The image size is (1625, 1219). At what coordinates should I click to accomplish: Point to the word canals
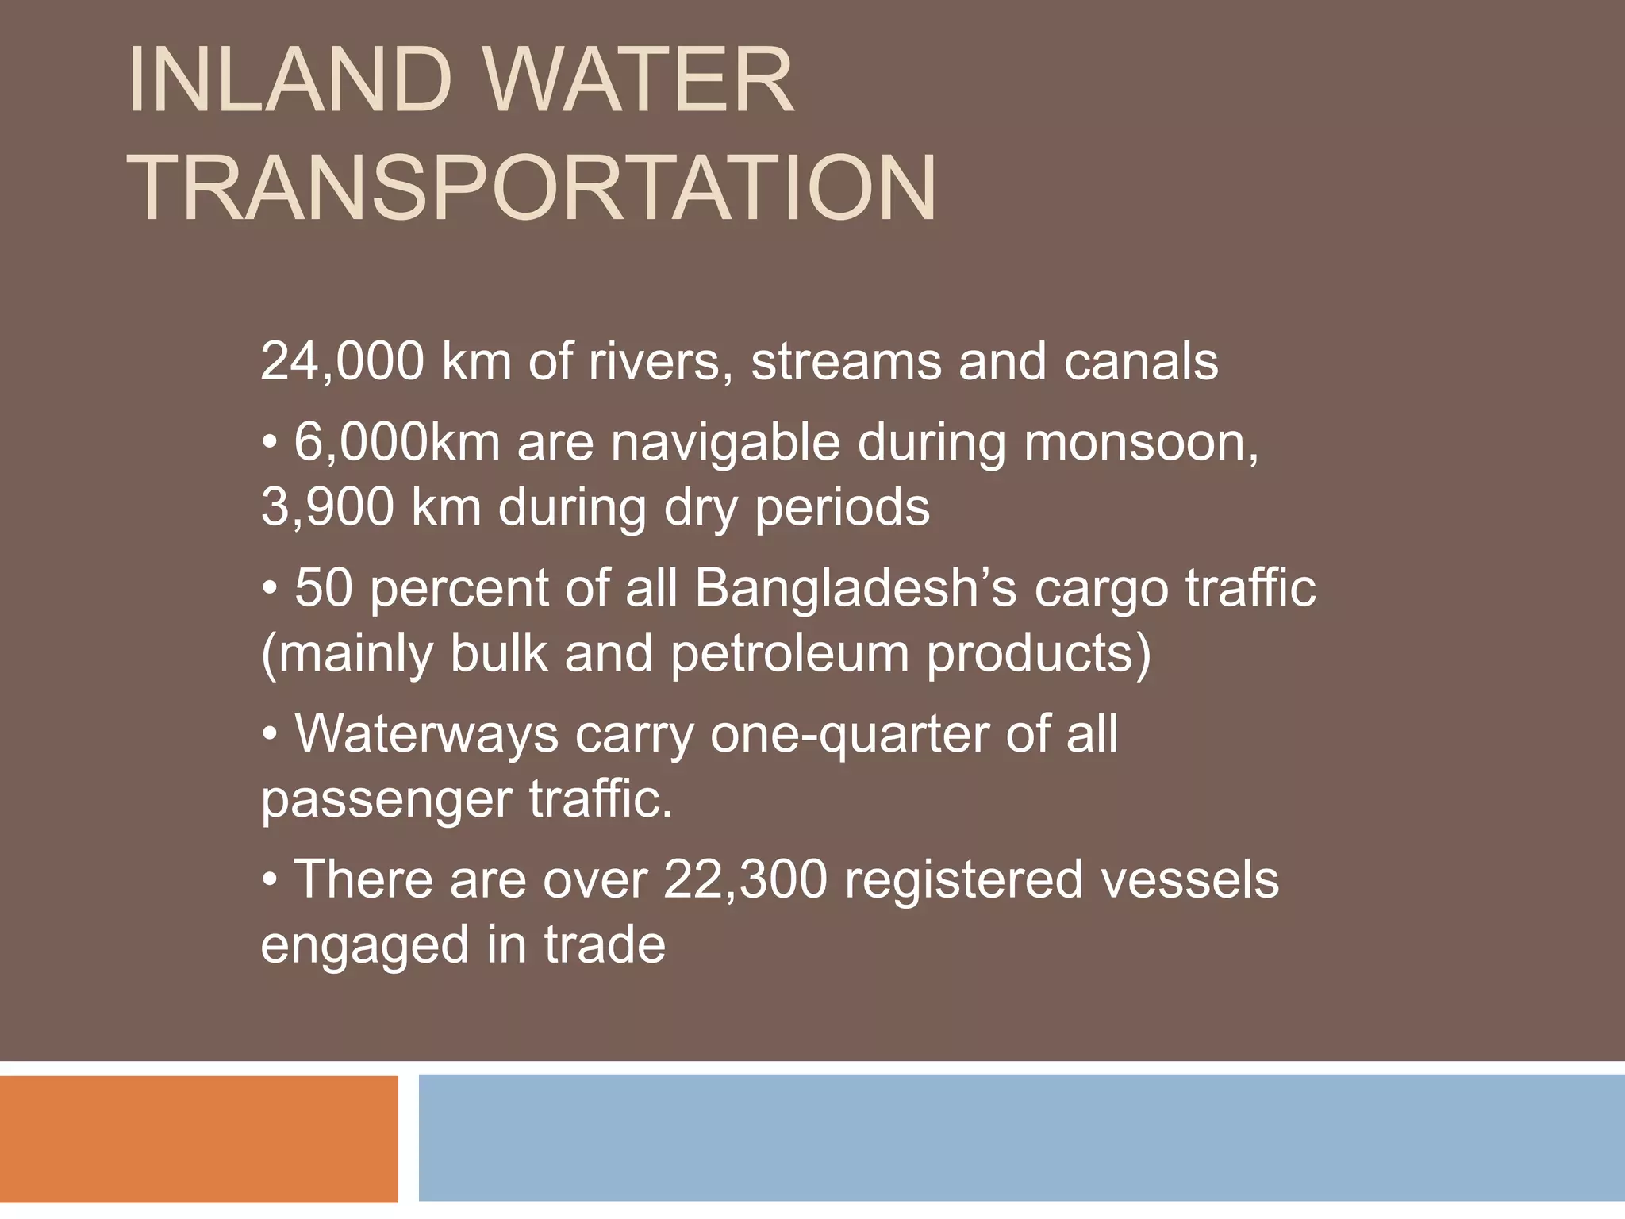(x=1140, y=362)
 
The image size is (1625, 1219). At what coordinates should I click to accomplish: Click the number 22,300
(x=745, y=880)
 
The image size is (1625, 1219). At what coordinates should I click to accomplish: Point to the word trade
(x=604, y=944)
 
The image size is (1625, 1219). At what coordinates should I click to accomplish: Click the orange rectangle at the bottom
(x=198, y=1138)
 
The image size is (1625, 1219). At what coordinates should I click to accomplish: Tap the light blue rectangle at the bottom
(x=1021, y=1138)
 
